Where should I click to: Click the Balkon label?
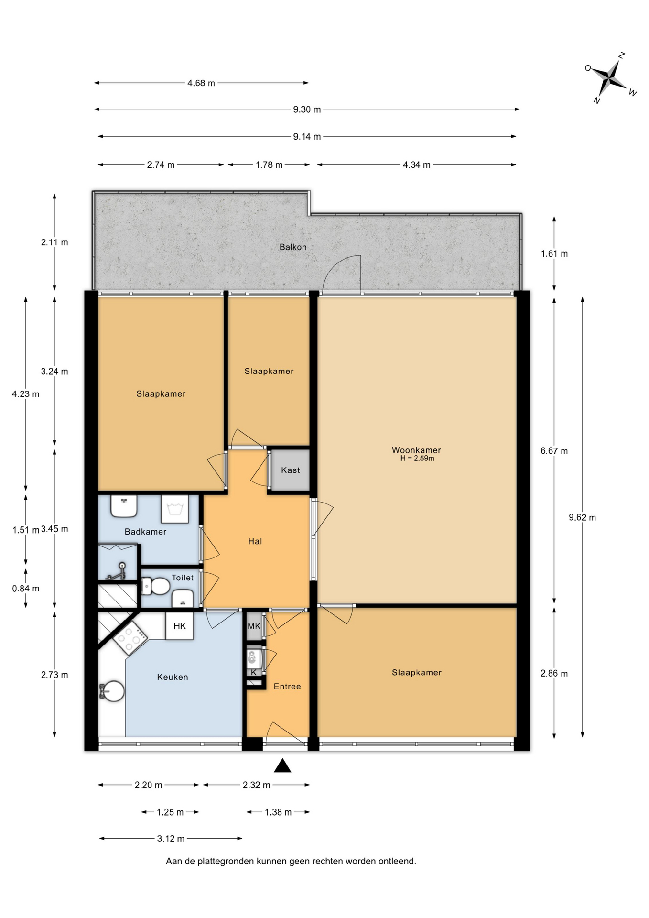coord(293,247)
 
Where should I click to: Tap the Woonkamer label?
coord(416,450)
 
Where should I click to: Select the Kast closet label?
coord(291,470)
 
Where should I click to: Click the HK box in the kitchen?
coord(180,626)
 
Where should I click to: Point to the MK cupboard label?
coord(254,626)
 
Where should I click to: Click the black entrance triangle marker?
coord(282,765)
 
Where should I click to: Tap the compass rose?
coord(610,77)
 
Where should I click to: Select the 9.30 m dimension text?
coord(307,109)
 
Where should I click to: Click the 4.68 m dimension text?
coord(201,83)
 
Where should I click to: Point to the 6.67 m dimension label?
coord(554,451)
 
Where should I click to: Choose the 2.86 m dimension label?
coord(554,674)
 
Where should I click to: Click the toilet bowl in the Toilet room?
coord(156,586)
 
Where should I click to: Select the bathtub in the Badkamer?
coord(174,509)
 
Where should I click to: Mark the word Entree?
coord(287,687)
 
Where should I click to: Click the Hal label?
coord(255,541)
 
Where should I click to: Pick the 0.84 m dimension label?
coord(26,589)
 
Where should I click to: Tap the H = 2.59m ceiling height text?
coord(417,459)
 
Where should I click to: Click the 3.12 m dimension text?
coord(171,839)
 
